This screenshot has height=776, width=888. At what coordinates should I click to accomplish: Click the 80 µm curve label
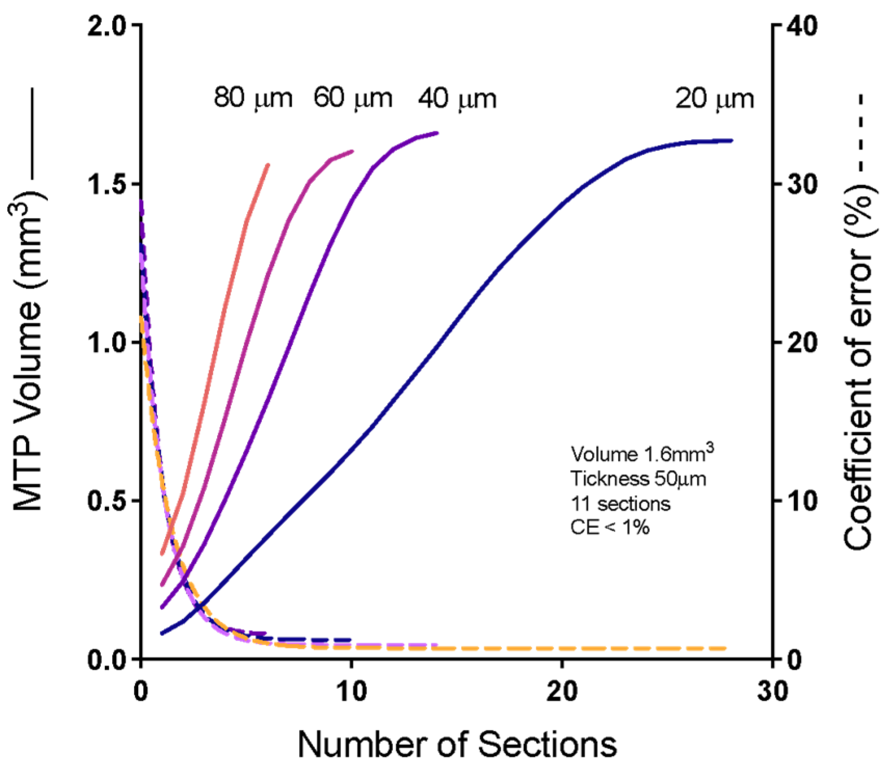tap(253, 98)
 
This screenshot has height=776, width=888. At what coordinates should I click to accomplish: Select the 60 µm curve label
tap(353, 98)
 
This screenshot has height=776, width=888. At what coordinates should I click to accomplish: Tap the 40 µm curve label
tap(457, 98)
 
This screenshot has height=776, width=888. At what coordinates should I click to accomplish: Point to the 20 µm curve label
tap(714, 98)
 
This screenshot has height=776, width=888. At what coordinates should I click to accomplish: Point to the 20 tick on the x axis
tap(562, 691)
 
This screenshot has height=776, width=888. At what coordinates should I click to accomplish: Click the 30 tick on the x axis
tap(772, 691)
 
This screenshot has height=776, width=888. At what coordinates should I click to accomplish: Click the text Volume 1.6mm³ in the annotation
tap(642, 453)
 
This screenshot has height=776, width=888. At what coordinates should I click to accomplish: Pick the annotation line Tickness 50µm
tap(638, 479)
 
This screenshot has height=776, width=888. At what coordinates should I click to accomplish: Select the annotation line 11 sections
tap(621, 503)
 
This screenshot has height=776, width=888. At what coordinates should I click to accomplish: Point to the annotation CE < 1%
tap(610, 527)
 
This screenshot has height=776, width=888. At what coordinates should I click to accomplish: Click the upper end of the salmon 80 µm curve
tap(268, 165)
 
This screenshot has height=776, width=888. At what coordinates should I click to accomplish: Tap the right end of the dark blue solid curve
tap(731, 140)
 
